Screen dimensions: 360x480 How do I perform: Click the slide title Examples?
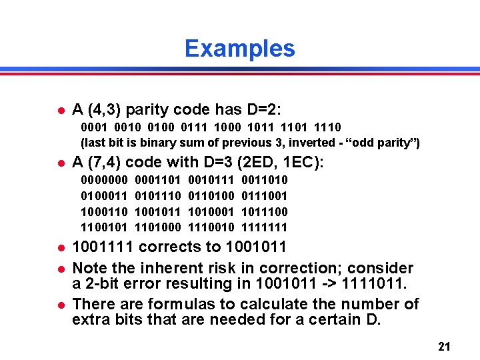click(x=239, y=49)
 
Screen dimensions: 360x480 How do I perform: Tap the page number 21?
click(x=445, y=347)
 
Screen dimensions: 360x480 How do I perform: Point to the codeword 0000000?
click(x=105, y=180)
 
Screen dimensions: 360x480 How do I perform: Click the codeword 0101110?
click(x=158, y=196)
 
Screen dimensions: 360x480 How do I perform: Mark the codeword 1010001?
click(x=211, y=212)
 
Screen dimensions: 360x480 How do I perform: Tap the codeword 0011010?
click(x=265, y=180)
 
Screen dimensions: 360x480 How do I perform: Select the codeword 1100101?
click(x=105, y=228)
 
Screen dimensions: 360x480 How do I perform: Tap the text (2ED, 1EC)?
click(x=280, y=162)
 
